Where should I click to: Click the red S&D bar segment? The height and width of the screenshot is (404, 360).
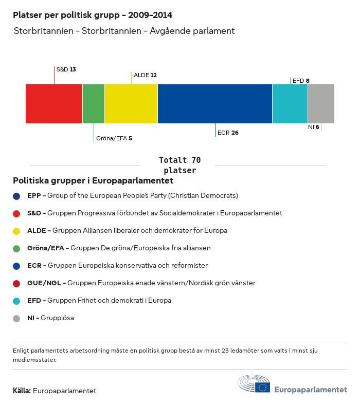[54, 104]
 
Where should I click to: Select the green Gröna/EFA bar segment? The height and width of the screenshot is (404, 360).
[94, 104]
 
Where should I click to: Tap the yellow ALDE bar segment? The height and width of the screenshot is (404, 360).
[131, 104]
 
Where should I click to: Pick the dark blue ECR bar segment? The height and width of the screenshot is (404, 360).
[215, 104]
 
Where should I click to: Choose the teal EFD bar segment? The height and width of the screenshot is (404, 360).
[290, 104]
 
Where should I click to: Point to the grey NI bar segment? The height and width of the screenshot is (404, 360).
[321, 104]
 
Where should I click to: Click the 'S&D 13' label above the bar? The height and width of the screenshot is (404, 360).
[66, 69]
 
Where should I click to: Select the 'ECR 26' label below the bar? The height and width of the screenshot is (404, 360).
[228, 133]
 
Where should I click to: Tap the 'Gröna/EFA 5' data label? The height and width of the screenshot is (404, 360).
[114, 138]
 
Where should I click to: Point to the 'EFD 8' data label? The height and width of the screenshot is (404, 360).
[301, 81]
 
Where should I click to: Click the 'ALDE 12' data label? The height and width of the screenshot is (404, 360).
[145, 75]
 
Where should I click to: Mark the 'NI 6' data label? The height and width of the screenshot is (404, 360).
[313, 127]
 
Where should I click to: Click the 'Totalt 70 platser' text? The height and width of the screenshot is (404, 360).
[179, 165]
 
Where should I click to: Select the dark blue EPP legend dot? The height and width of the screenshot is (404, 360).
[16, 196]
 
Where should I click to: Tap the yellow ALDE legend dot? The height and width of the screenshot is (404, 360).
[16, 231]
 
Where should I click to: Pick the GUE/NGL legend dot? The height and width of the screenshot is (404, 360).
[16, 283]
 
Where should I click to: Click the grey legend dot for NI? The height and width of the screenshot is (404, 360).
[16, 318]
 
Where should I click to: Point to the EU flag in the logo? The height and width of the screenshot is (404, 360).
[263, 387]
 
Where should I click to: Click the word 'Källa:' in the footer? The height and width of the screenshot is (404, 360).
[22, 391]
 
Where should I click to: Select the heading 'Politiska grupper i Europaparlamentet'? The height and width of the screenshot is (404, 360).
[93, 181]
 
